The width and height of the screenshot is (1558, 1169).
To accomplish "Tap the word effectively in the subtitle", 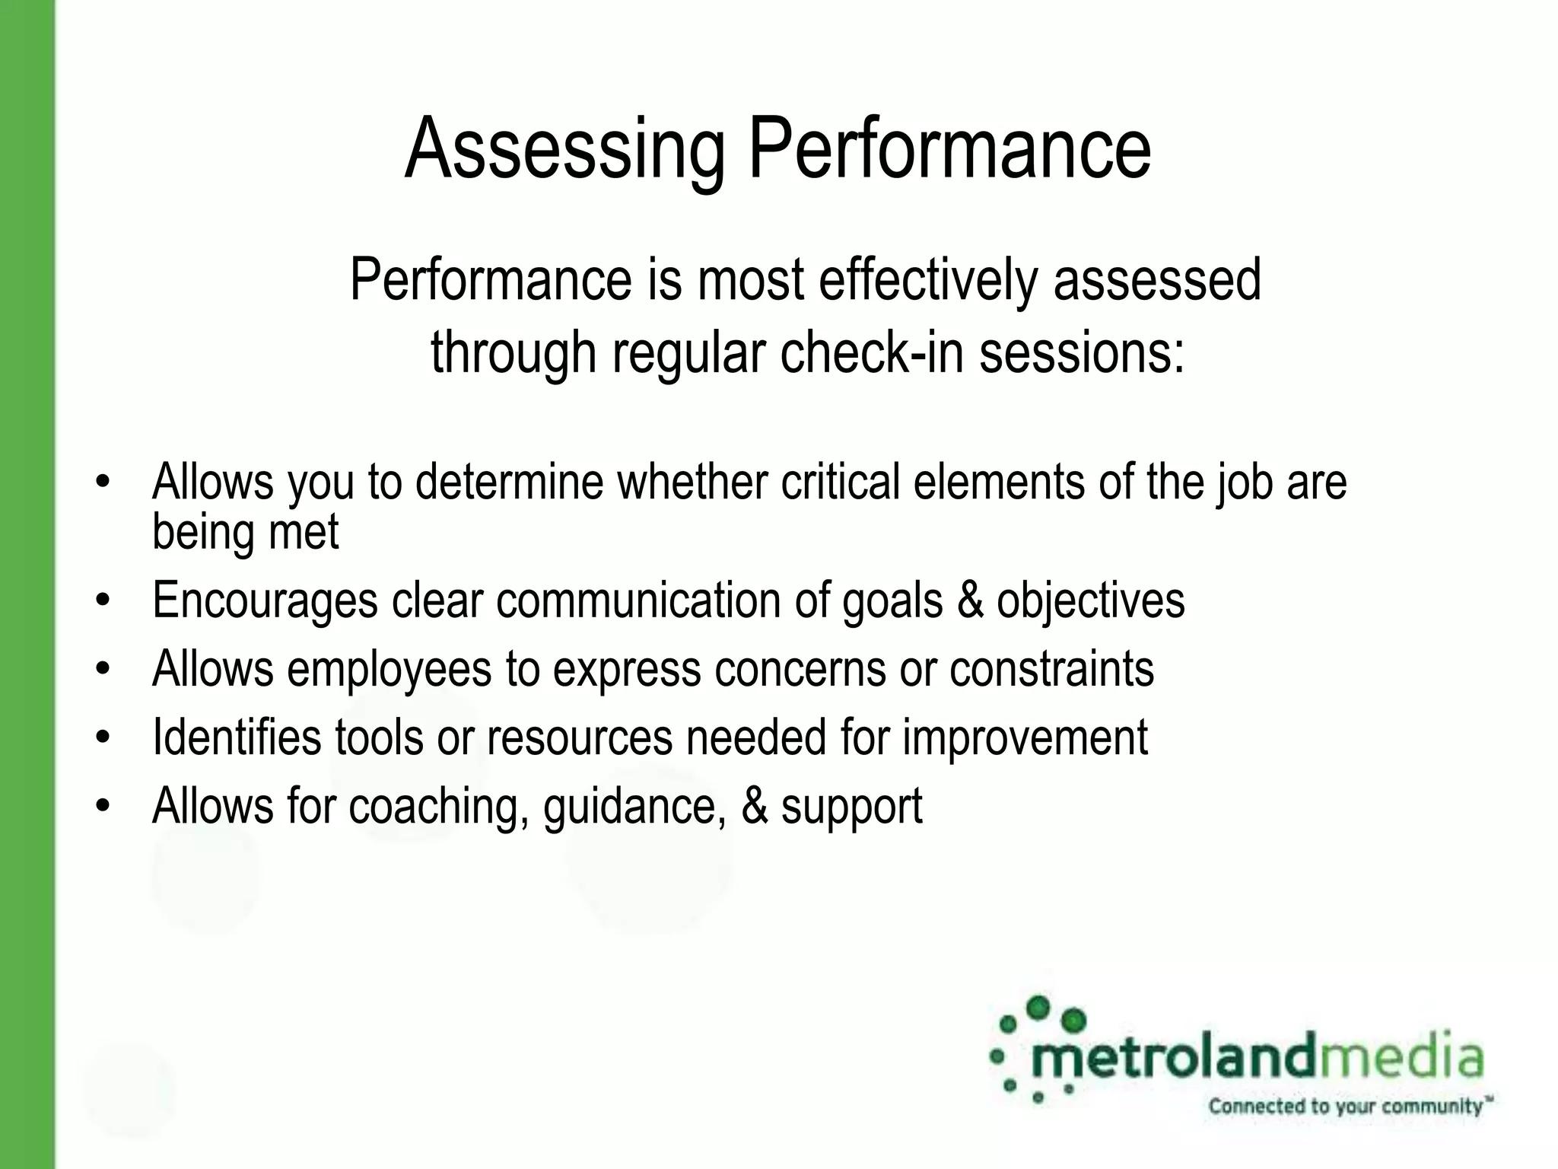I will coord(927,280).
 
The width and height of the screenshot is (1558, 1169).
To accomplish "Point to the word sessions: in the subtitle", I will coord(1081,352).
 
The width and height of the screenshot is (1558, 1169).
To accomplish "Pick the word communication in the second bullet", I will coord(639,600).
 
